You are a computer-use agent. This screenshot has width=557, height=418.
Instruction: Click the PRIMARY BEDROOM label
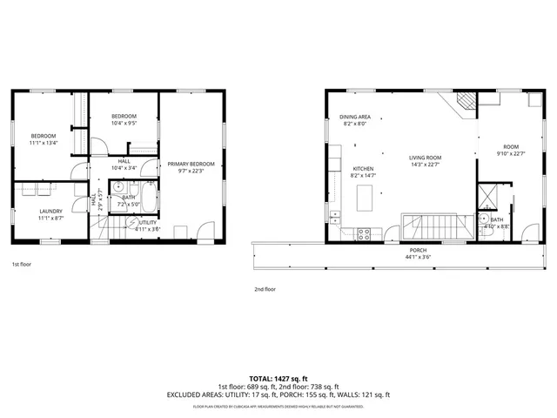[x=191, y=164]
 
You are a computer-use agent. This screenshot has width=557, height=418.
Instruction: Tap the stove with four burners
[x=366, y=233]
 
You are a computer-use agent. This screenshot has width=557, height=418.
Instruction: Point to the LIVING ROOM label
[x=425, y=158]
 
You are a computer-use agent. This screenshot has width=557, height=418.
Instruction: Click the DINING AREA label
[x=355, y=117]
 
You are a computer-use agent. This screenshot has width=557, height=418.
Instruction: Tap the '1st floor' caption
[x=21, y=263]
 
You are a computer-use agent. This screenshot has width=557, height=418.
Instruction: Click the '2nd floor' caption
[x=265, y=288]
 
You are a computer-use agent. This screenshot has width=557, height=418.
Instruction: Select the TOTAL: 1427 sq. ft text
[x=278, y=378]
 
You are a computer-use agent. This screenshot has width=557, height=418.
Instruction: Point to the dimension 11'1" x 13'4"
[x=44, y=143]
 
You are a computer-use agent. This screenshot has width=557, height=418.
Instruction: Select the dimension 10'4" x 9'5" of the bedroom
[x=124, y=124]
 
